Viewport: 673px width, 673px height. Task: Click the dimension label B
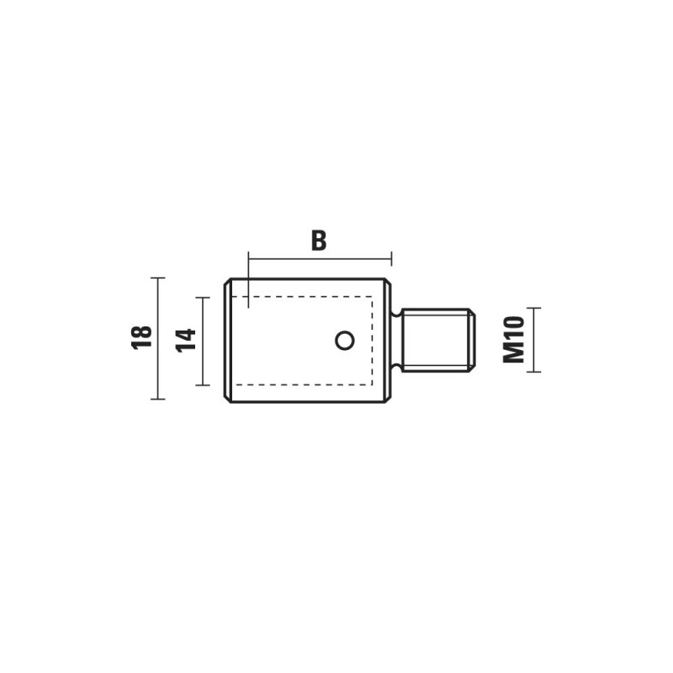tap(319, 241)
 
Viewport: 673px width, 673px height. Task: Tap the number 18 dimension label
tap(142, 337)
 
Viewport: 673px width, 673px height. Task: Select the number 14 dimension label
tap(186, 341)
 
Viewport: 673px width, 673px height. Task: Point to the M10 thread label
tap(514, 340)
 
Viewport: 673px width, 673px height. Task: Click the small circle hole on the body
tap(345, 341)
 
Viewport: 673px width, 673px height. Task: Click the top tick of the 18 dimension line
tap(158, 278)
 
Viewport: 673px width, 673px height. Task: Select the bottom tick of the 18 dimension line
tap(158, 399)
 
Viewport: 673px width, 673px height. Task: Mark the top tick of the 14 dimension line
tap(203, 297)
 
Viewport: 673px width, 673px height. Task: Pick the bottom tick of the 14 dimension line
tap(203, 385)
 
